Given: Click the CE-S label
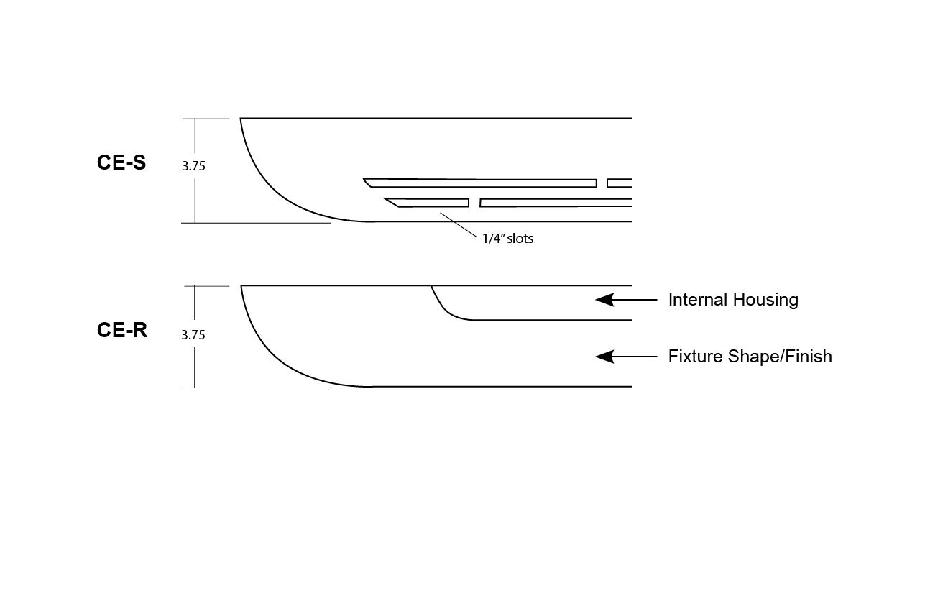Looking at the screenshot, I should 121,163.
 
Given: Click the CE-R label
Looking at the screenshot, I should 122,330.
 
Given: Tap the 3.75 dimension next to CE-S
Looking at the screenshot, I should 193,166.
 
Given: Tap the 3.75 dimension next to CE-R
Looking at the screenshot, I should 193,335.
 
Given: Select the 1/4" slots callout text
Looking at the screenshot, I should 507,239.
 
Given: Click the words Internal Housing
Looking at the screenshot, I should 733,300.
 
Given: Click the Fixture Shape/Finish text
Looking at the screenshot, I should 750,357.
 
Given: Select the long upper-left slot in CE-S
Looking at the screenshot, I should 480,183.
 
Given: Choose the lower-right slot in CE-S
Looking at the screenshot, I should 556,203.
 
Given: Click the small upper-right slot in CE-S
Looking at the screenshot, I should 620,183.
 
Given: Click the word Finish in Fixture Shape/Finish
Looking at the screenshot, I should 807,357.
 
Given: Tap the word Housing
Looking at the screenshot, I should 766,300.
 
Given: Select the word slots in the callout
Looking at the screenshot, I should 520,239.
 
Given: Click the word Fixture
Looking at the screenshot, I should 693,357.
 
